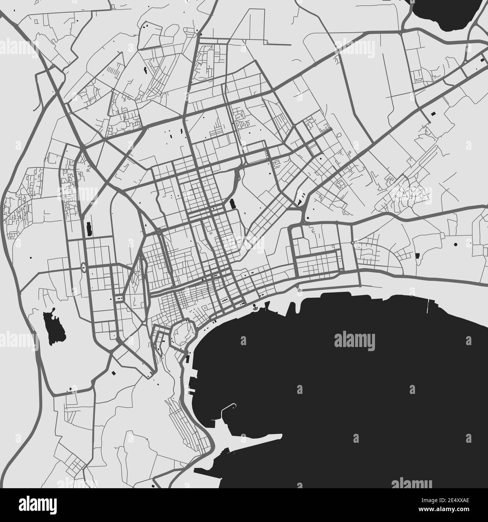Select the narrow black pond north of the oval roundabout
[x=89, y=229]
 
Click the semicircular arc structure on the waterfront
[x=256, y=308]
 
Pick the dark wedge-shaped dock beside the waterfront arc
[x=268, y=306]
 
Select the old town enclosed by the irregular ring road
[x=182, y=331]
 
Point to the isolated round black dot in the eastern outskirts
[x=456, y=244]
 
